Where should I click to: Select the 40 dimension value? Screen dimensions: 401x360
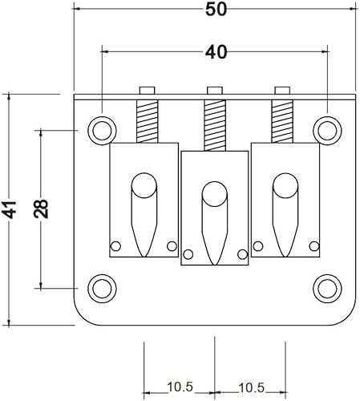click(216, 52)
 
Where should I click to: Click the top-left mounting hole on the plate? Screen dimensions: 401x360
click(103, 128)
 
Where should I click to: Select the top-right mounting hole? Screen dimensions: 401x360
click(326, 128)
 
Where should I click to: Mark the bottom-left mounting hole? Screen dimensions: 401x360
click(103, 286)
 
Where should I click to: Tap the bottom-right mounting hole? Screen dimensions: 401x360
click(326, 286)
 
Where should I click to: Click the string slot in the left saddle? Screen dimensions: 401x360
click(144, 213)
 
